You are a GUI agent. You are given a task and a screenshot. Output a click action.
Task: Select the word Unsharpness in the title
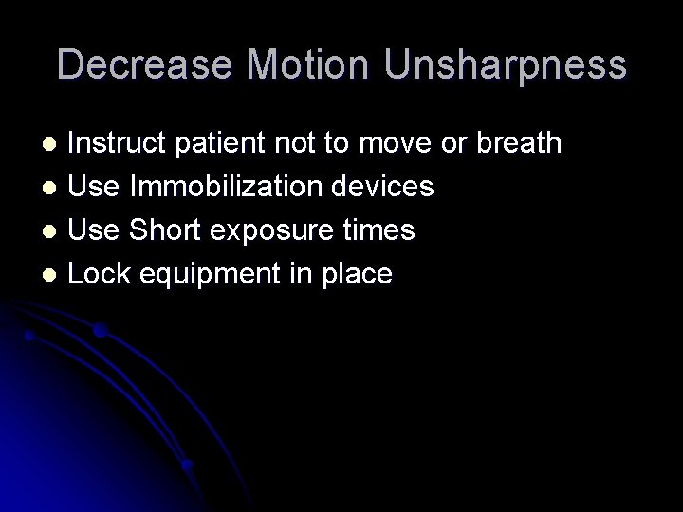click(504, 64)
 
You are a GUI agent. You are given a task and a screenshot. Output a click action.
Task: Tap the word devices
click(387, 187)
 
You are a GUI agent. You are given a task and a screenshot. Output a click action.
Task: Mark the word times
click(380, 230)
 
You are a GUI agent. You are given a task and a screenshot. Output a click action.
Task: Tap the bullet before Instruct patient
click(54, 144)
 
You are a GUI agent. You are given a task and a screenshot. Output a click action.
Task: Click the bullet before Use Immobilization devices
click(54, 188)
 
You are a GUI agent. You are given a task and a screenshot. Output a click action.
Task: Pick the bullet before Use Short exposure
click(54, 231)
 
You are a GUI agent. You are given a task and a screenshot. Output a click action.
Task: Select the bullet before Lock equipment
click(54, 275)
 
